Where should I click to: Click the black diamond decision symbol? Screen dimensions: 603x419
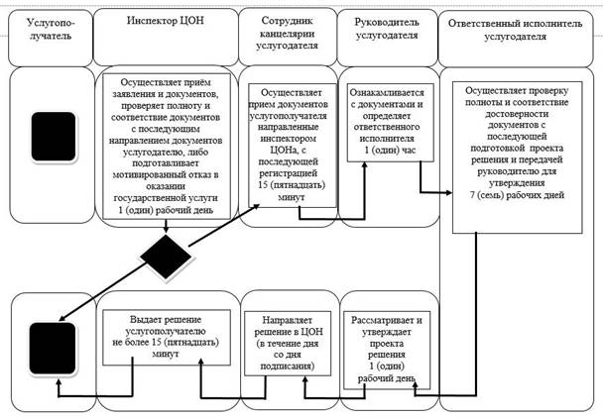pos(166,257)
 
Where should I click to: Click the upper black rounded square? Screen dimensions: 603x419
pos(54,137)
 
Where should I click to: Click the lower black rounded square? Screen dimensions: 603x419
pos(53,349)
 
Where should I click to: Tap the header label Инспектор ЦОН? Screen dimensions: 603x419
pos(166,20)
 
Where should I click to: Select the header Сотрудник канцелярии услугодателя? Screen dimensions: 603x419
pos(288,33)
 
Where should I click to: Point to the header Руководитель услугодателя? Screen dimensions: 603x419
pos(387,29)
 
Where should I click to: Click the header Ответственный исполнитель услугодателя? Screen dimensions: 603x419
pos(516,30)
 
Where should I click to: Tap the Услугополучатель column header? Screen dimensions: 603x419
pos(51,29)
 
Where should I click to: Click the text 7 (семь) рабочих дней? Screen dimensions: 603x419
pos(517,195)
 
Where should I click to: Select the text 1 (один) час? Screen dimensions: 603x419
pos(390,151)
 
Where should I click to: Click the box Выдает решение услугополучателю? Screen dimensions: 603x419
pos(167,337)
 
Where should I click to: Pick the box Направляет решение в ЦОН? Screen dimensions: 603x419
pos(288,344)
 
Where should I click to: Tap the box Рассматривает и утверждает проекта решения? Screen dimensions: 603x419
pos(387,350)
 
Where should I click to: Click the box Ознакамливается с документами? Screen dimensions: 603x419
pos(391,123)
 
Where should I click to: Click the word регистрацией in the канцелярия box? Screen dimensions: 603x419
pos(288,173)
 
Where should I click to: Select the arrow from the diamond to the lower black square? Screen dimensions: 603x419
pos(103,292)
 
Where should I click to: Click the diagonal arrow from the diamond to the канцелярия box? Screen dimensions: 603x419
pos(224,225)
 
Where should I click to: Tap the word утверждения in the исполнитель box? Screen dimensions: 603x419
pos(517,183)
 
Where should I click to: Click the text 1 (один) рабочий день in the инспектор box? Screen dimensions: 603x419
pos(166,210)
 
